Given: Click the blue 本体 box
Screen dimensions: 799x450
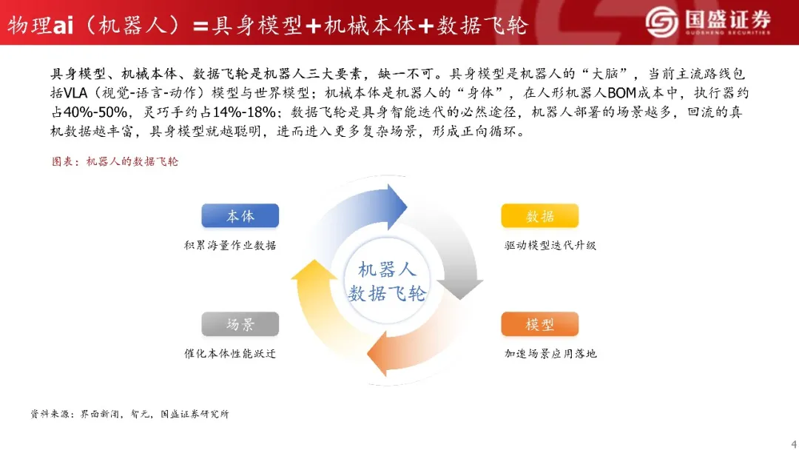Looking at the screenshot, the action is click(240, 215).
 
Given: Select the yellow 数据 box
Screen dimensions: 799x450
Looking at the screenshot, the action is click(539, 215).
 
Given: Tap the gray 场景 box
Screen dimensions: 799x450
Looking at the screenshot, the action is click(240, 324).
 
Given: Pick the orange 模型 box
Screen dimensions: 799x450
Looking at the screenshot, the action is click(539, 324).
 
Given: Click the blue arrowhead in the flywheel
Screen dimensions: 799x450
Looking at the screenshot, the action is click(395, 207).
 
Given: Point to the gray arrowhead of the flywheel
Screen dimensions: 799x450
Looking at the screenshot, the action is click(460, 289).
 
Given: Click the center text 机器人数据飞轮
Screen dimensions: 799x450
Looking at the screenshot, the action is click(387, 281).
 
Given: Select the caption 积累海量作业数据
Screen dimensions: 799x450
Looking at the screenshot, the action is click(230, 246).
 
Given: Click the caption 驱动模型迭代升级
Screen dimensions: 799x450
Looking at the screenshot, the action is click(550, 246).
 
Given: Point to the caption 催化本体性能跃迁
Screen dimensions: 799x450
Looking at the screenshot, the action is click(230, 354).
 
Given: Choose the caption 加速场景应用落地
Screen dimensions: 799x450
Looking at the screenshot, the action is click(550, 354).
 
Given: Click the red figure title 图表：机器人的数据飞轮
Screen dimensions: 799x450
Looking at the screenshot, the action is click(115, 161).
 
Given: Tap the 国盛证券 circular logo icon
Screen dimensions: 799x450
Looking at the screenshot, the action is click(661, 22).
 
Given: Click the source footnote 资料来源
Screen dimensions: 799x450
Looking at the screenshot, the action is click(129, 414).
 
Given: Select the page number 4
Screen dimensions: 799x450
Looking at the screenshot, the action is click(794, 443).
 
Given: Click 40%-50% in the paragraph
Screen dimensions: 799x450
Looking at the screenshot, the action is click(95, 112).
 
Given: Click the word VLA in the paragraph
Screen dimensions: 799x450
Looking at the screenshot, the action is click(75, 93).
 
